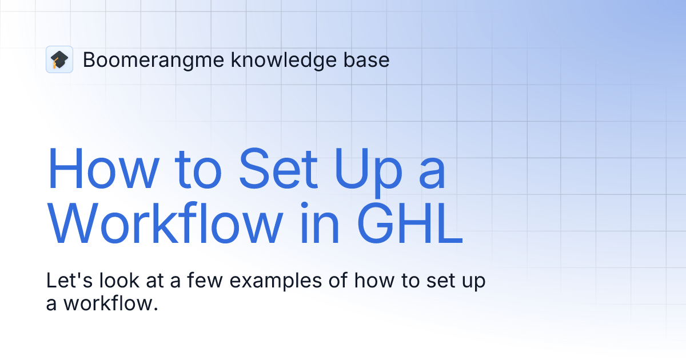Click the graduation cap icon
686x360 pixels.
click(x=59, y=59)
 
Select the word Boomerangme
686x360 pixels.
click(x=153, y=60)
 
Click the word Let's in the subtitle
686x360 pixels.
click(x=66, y=282)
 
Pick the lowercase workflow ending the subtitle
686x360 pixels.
click(x=109, y=303)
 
